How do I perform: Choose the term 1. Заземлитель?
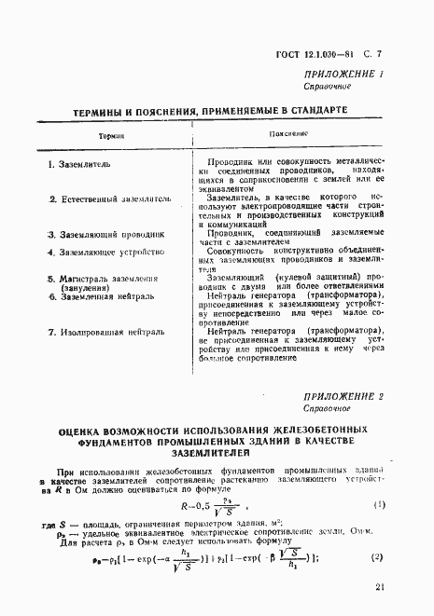point(79,164)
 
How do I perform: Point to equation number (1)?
point(379,504)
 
